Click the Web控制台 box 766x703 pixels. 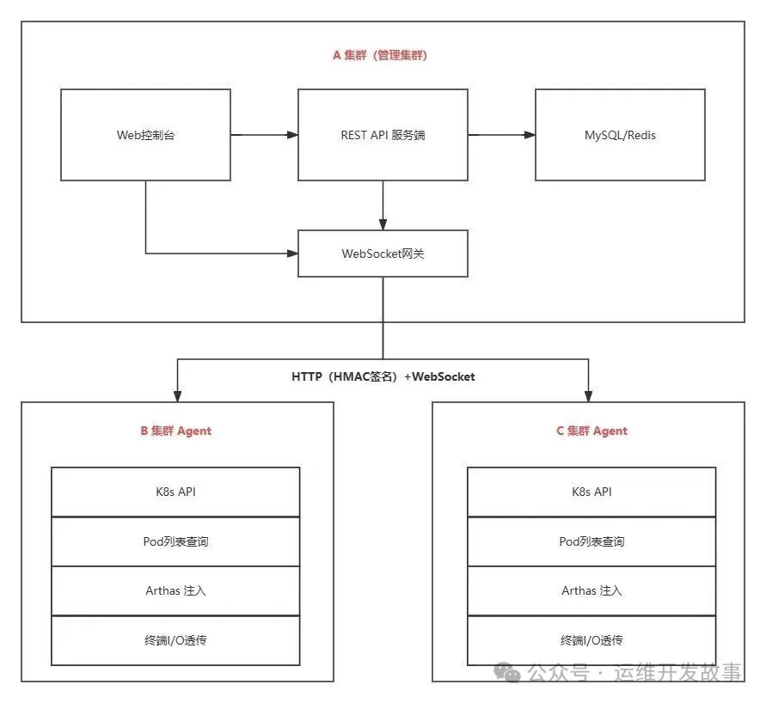[145, 135]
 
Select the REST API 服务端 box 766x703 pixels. [383, 135]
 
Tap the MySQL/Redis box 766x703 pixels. [621, 135]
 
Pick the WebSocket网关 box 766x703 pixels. [383, 254]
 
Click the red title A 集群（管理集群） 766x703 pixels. [380, 55]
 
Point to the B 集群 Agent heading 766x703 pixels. [176, 431]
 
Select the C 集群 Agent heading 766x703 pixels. [591, 431]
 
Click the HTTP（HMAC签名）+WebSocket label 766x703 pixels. [383, 376]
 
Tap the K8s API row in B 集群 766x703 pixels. [175, 492]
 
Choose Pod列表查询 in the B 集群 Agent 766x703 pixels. [175, 541]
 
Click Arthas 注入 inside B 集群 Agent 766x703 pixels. [175, 590]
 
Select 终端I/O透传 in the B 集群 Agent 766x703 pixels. [175, 640]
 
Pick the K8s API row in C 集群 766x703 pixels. [591, 492]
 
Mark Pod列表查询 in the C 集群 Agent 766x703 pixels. [591, 541]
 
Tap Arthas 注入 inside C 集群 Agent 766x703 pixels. [591, 590]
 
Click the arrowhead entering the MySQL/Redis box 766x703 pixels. [530, 135]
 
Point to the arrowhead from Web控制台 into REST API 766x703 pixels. [292, 135]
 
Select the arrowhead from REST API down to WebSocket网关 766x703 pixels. [383, 224]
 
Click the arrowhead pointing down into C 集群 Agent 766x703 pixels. [588, 396]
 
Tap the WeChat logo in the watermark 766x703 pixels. [506, 672]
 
